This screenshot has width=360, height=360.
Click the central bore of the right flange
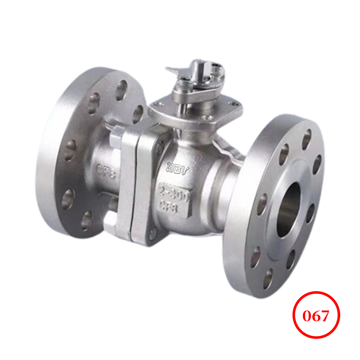click(288, 210)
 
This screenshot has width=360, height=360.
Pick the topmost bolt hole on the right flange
click(306, 139)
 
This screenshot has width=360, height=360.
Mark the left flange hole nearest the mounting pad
click(138, 112)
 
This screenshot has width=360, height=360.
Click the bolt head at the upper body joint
click(160, 144)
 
